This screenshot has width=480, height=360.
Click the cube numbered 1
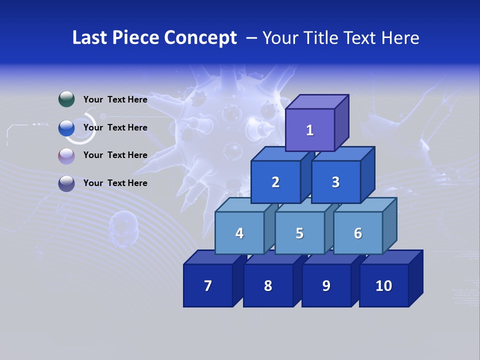coord(310,130)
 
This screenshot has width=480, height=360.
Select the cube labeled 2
coord(275,182)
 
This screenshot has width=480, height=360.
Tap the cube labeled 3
coord(335,182)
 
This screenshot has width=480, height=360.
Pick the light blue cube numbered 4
coord(239,233)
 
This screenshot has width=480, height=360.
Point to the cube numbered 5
coord(299,233)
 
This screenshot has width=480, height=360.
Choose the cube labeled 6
coord(358,233)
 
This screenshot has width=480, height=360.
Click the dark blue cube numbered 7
coord(208,285)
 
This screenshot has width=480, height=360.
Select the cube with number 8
coord(268,285)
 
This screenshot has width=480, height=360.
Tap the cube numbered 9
coord(326,285)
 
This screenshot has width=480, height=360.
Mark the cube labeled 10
coord(383,285)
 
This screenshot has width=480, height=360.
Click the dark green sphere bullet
coord(66,99)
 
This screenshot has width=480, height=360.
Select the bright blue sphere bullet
coord(66,128)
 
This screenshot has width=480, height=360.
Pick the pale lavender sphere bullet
coord(66,155)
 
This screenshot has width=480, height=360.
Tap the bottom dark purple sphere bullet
coord(66,183)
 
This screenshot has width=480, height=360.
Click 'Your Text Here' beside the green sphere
coord(115,99)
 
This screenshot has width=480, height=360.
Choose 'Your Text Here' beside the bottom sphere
coord(115,183)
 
